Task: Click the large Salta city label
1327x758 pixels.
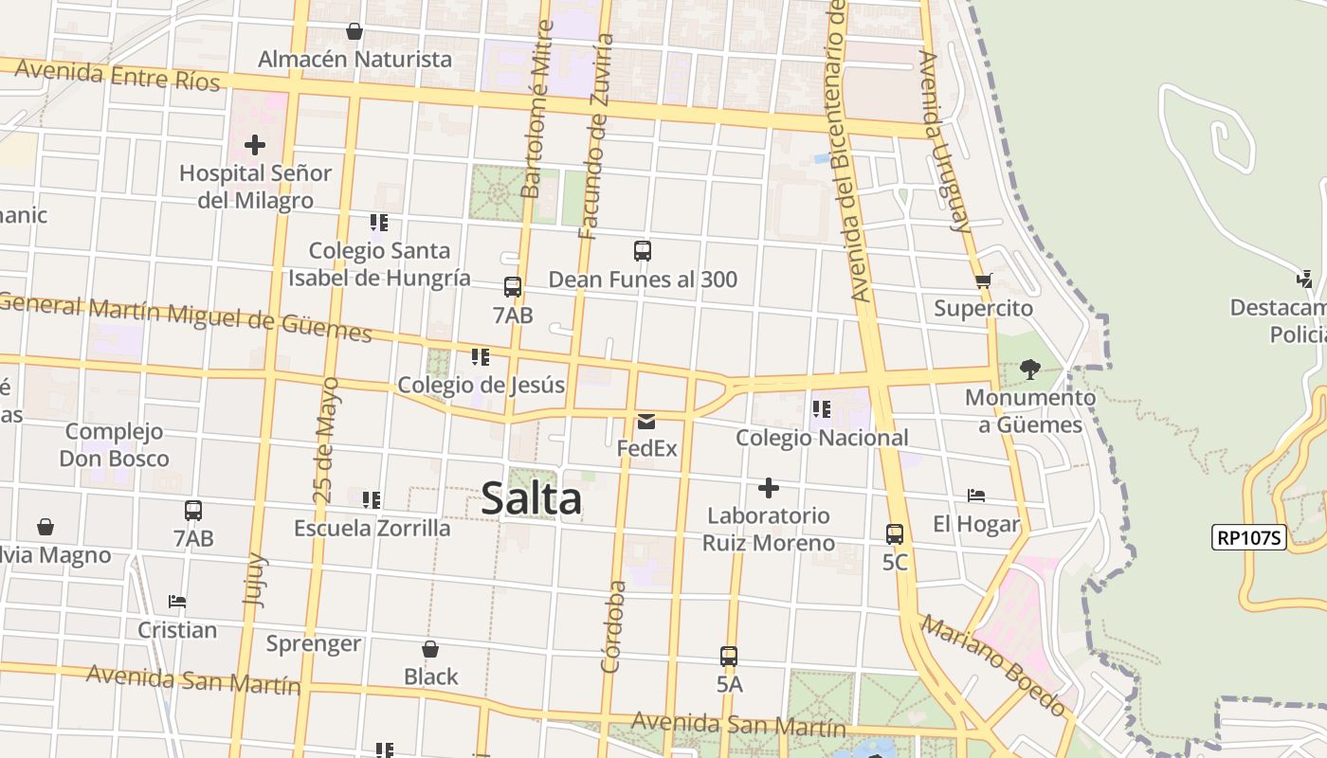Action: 531,498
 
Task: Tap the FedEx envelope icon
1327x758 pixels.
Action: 646,421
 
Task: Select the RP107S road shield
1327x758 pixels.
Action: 1248,538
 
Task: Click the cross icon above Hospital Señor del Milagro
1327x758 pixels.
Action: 254,145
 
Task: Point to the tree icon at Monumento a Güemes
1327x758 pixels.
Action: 1030,369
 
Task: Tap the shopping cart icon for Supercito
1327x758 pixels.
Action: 983,280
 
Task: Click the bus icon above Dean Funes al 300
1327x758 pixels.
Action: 642,251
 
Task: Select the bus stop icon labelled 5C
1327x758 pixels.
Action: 894,533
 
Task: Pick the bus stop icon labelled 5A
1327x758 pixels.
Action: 728,656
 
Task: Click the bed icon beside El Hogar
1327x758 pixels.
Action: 975,496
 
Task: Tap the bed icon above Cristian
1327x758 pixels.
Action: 176,601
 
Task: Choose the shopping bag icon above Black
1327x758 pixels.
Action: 430,649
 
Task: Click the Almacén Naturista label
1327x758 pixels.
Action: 354,59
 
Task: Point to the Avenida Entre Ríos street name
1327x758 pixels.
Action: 117,75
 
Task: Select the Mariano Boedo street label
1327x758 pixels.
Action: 992,666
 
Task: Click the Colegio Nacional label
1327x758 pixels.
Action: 822,438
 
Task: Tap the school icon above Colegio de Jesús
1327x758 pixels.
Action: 480,357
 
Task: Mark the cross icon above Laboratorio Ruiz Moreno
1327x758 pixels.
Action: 768,488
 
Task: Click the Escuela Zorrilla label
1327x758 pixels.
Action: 372,528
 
